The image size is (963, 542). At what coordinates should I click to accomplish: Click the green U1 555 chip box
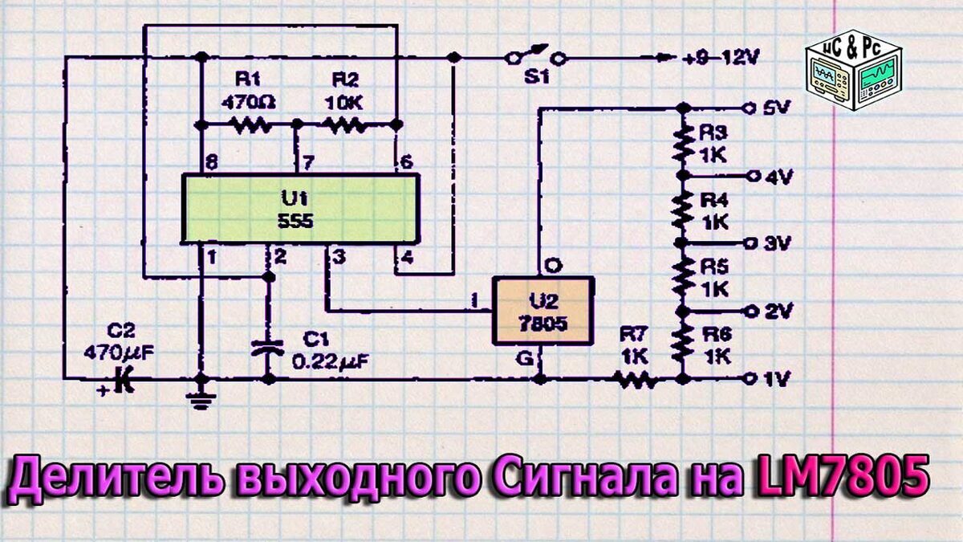point(299,209)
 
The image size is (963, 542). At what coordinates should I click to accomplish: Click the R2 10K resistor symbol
point(345,124)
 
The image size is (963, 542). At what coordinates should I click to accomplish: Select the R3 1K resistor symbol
point(683,142)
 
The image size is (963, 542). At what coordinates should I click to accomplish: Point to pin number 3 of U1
point(339,258)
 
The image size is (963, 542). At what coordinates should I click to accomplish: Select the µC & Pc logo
point(853,71)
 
